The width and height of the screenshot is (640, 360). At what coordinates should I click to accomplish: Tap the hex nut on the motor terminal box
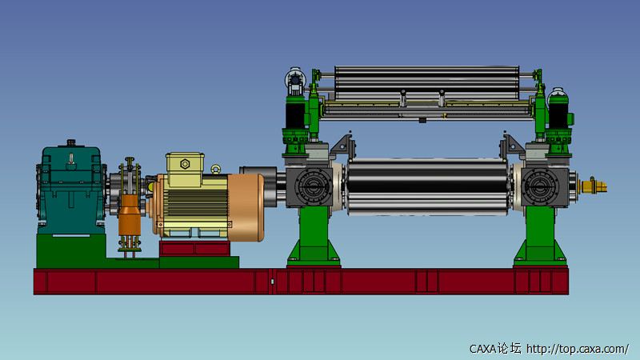point(185,164)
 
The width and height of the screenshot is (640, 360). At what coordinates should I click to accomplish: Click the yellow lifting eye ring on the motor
point(215,169)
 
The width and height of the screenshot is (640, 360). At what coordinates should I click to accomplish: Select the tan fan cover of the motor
point(246,207)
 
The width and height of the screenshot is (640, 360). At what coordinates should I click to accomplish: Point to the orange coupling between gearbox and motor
point(130,215)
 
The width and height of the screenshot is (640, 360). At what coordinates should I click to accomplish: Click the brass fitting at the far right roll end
point(594,186)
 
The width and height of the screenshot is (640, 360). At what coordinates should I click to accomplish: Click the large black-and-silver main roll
point(427,187)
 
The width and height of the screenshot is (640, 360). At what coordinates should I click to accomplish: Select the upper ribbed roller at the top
point(427,83)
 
